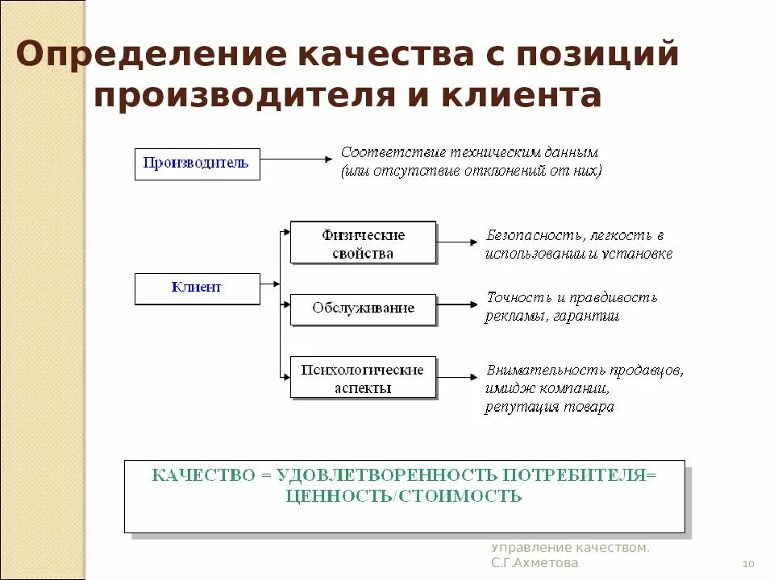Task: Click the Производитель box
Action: tap(197, 164)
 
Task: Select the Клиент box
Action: tap(197, 288)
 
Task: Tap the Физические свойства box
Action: tap(363, 244)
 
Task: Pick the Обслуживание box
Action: tap(363, 309)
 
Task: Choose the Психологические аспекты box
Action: tap(363, 379)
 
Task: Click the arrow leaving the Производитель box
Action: tap(290, 159)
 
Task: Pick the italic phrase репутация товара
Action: tap(549, 407)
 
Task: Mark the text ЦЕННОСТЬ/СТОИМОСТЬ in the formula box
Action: tap(404, 495)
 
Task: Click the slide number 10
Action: tap(747, 563)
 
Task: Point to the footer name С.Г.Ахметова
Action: tap(535, 563)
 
